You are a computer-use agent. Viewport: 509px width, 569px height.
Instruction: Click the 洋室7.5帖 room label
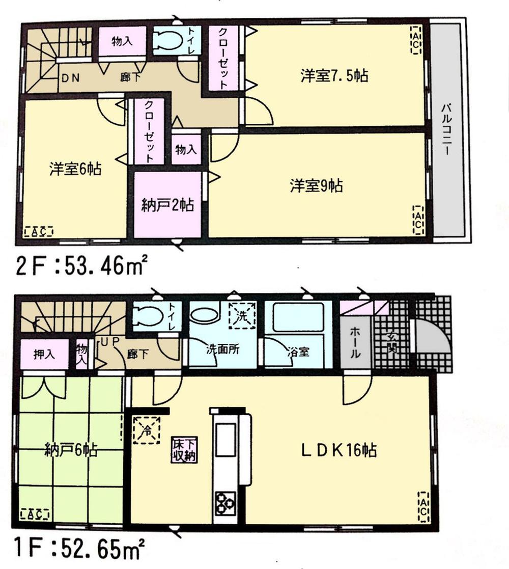click(333, 77)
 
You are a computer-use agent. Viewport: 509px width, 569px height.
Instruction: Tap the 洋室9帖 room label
click(316, 186)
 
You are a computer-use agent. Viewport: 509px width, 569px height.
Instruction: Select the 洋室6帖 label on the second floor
click(75, 169)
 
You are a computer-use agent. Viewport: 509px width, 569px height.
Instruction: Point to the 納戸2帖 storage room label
click(167, 206)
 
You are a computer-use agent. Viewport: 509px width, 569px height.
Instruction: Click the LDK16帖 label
click(338, 450)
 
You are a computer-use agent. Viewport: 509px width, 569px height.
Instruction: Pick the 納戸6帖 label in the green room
click(71, 450)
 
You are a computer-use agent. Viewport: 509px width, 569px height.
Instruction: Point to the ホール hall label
click(355, 341)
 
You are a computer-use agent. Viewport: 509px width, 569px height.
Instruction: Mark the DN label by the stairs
click(71, 79)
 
